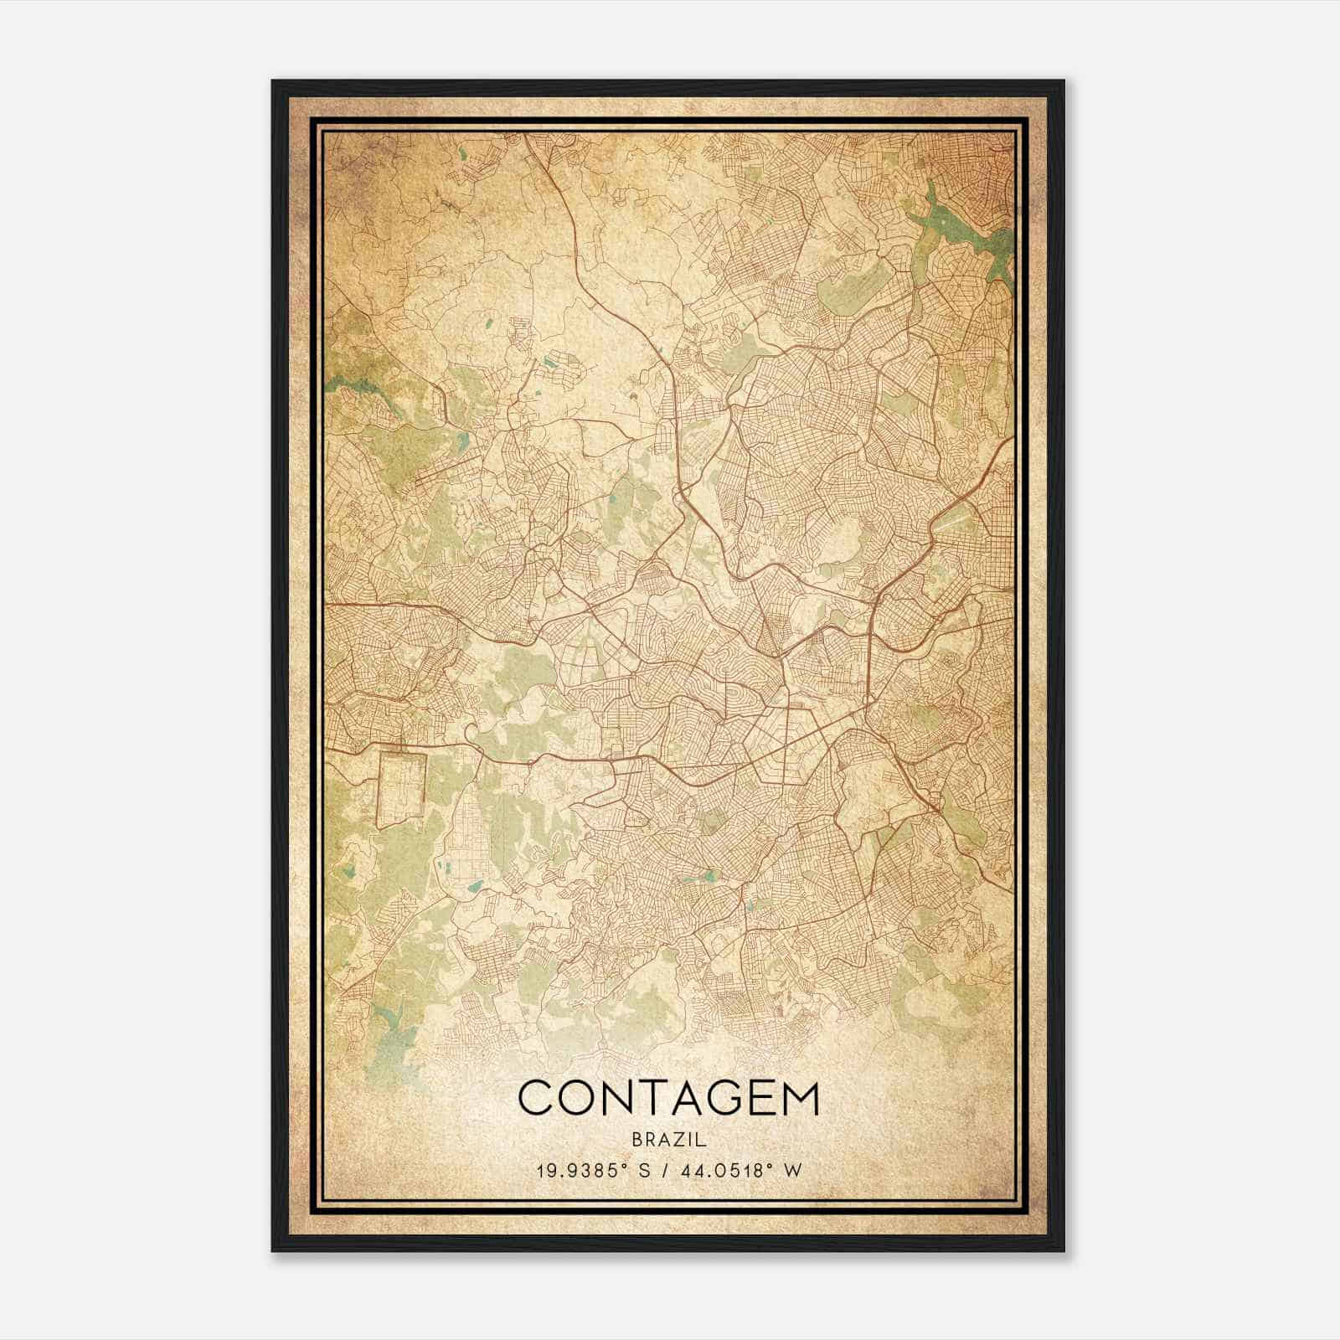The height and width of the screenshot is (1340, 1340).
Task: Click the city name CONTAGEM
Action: click(x=668, y=1098)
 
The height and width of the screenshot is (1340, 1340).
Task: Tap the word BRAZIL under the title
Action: click(x=669, y=1140)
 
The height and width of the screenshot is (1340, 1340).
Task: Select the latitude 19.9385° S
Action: click(x=593, y=1170)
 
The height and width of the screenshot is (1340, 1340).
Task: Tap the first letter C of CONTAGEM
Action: click(x=536, y=1098)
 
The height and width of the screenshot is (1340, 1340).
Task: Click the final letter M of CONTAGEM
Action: click(x=799, y=1098)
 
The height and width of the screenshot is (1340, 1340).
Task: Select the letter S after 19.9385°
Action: click(x=645, y=1170)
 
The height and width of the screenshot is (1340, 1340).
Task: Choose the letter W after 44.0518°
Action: click(x=792, y=1170)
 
